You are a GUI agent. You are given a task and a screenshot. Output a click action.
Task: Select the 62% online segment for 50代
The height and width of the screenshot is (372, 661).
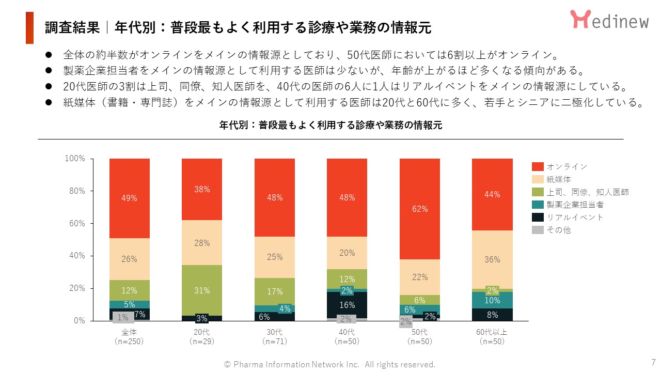420,209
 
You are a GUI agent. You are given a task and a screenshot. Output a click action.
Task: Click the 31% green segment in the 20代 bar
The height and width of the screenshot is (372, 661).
202,290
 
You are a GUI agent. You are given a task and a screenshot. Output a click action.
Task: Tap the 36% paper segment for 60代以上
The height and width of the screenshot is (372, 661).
492,259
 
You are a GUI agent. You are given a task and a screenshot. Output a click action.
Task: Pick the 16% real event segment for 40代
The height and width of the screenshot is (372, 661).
347,305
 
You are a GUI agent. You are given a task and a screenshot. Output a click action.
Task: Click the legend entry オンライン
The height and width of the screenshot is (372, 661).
560,166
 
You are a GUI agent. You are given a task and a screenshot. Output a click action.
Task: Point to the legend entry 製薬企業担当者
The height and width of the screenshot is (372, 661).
568,205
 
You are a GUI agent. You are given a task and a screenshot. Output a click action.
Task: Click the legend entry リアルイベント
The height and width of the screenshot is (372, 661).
568,218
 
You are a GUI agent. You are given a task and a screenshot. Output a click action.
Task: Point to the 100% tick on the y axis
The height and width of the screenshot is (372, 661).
75,159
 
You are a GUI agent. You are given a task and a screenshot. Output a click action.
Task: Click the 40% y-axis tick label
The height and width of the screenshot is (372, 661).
76,256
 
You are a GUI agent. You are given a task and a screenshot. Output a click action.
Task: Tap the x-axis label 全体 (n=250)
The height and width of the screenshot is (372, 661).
130,336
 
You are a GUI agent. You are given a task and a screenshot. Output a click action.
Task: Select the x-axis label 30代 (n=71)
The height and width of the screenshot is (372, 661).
274,336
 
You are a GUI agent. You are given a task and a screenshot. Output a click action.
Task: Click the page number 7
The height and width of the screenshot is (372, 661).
653,362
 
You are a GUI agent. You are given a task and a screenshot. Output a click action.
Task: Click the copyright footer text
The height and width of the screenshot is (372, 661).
329,364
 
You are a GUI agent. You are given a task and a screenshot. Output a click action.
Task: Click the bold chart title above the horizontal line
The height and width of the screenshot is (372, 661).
330,126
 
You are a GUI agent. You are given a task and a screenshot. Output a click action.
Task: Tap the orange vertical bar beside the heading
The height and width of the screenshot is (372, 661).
29,28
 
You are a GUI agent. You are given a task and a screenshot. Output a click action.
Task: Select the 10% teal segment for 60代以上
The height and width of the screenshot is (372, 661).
492,300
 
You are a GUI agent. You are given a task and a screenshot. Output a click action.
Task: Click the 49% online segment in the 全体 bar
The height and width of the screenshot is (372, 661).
130,198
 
